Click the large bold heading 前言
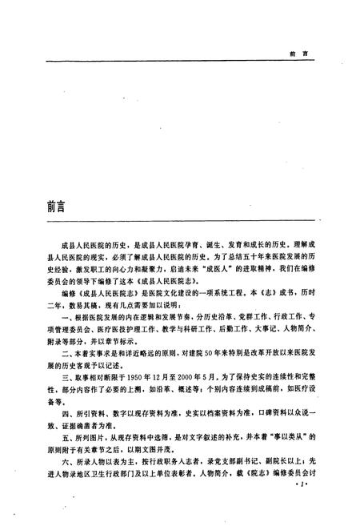[x=61, y=206]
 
